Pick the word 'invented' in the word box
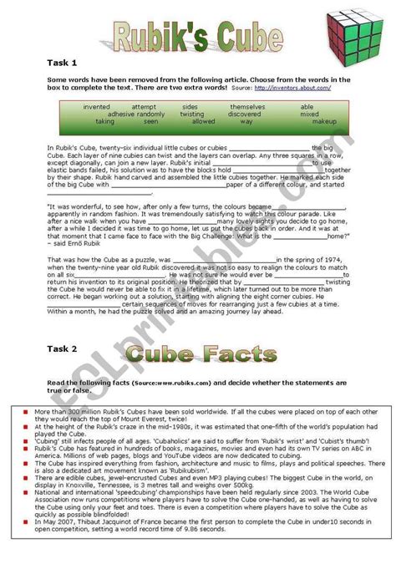coord(97,107)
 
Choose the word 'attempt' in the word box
coord(143,107)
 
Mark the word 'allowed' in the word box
coord(203,121)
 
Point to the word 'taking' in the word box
coord(105,121)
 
